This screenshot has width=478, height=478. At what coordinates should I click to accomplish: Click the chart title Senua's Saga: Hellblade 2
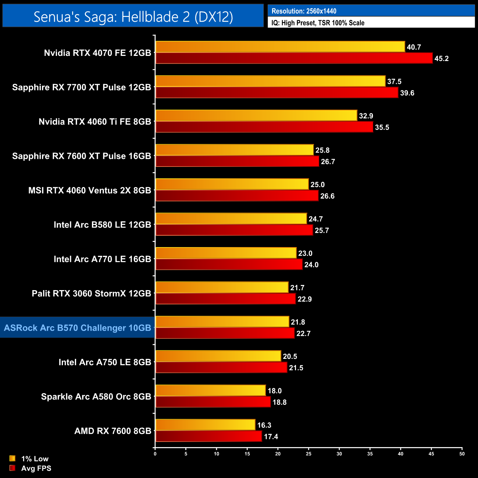(x=133, y=17)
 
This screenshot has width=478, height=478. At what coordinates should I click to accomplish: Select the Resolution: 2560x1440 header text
(x=304, y=11)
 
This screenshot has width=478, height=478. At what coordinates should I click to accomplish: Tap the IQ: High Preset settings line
(x=318, y=23)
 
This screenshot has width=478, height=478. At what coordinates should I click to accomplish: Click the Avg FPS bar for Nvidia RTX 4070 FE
(x=294, y=58)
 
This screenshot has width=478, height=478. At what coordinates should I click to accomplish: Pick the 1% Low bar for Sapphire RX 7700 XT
(x=270, y=81)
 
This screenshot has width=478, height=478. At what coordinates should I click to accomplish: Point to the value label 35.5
(x=382, y=127)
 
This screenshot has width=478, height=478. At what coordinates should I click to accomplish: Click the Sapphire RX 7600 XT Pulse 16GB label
(x=82, y=156)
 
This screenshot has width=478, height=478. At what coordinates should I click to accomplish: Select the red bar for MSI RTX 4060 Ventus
(x=237, y=196)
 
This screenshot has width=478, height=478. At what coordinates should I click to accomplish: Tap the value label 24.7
(x=316, y=219)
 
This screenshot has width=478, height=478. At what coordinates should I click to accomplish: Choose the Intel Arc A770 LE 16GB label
(x=102, y=259)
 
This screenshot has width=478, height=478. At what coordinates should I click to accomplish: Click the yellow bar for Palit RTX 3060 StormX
(x=222, y=288)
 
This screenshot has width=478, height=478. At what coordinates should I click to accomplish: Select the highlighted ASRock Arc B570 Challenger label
(x=78, y=328)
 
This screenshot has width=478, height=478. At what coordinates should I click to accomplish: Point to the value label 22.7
(x=303, y=333)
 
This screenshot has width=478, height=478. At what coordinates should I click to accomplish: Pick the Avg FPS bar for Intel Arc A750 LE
(x=221, y=367)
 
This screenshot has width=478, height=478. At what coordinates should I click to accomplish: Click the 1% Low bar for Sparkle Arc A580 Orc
(x=210, y=390)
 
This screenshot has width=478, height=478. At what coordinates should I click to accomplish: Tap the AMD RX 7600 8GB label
(x=113, y=431)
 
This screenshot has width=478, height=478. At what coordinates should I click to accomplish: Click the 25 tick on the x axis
(x=308, y=454)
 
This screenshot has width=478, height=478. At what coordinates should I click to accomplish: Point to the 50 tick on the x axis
(x=462, y=454)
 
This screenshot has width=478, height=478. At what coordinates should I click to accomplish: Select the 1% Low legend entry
(x=29, y=459)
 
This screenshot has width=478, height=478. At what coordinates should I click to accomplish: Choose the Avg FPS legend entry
(x=31, y=468)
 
